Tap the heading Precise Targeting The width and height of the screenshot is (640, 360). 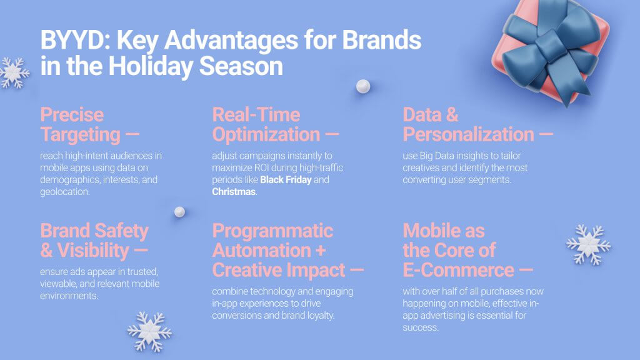(x=80, y=124)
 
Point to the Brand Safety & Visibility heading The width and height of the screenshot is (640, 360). (x=94, y=241)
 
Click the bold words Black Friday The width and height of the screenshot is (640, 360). (x=285, y=180)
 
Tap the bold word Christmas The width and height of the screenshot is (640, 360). (x=234, y=192)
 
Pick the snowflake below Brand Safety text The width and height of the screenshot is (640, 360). (x=149, y=331)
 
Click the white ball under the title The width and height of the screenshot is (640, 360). (x=363, y=86)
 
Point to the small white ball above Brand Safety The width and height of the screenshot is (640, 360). (x=179, y=212)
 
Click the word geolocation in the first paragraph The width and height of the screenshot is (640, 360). (x=65, y=192)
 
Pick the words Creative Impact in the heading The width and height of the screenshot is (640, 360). (x=279, y=270)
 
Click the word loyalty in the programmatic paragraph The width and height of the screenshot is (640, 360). (x=318, y=316)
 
